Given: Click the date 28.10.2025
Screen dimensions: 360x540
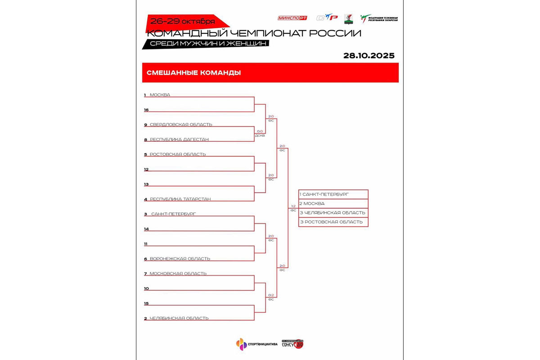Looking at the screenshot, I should point(369,56).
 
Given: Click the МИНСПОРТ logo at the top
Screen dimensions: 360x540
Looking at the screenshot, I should point(293,18).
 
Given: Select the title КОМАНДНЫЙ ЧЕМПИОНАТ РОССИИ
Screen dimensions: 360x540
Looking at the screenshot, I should point(254,33).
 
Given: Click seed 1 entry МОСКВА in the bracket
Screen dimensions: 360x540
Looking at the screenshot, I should point(160,95).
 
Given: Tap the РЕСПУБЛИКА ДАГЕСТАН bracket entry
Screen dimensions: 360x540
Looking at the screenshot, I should point(179,139).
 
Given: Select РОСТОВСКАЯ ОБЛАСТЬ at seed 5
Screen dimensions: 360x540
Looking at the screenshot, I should point(178,154).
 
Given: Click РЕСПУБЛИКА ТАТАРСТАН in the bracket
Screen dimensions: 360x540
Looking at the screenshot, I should point(180,199).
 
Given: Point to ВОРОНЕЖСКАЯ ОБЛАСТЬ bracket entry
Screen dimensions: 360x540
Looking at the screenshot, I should point(180,259).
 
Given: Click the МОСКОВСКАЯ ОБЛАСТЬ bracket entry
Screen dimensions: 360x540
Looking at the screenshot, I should point(178,274).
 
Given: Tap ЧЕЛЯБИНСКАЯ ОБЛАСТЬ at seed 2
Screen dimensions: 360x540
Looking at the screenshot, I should point(179,318).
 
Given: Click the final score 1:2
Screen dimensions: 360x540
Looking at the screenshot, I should point(293,206).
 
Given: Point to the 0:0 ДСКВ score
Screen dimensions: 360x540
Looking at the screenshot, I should point(260,133).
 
